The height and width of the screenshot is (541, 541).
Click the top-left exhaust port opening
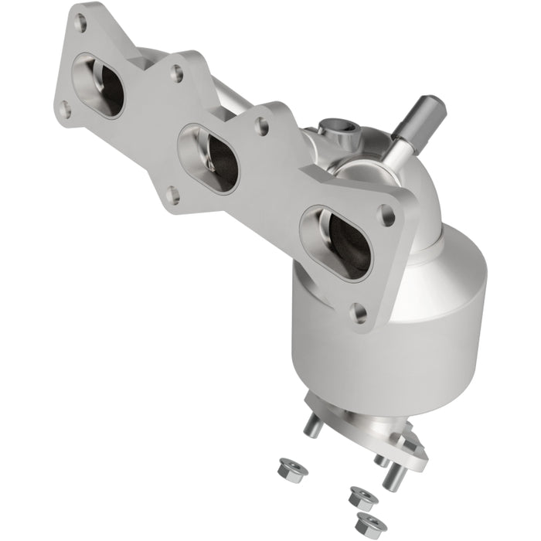click(100, 85)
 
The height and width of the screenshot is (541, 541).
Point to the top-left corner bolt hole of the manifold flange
click(80, 24)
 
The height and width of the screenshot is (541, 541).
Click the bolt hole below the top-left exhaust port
click(66, 111)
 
